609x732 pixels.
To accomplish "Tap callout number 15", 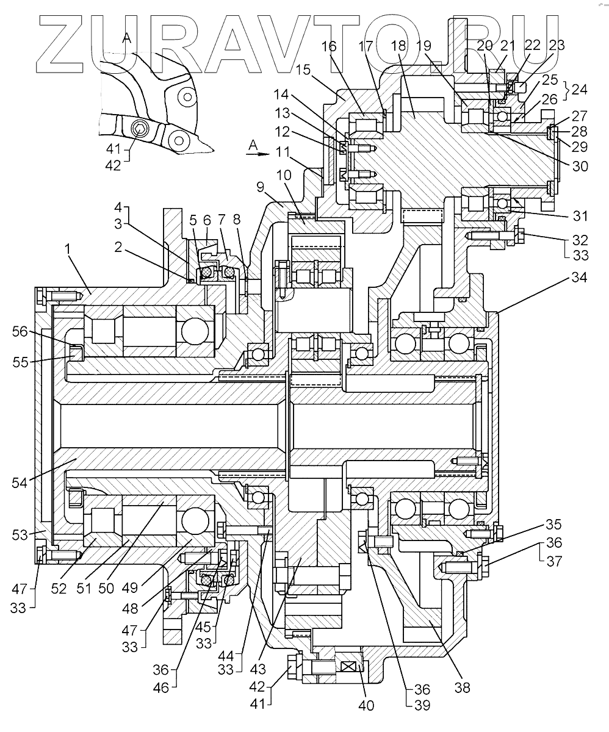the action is (303, 70).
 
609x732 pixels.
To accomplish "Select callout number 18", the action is (398, 46).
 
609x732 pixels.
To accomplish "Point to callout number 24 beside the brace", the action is (579, 90).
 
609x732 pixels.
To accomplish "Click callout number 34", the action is (579, 278).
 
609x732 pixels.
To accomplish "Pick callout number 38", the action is (462, 688).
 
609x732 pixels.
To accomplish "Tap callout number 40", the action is (366, 705).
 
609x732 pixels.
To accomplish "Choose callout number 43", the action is (258, 669).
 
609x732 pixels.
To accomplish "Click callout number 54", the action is (20, 483).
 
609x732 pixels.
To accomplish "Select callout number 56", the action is (20, 331).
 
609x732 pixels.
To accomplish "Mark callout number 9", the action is (260, 187).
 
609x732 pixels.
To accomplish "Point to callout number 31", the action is (580, 216).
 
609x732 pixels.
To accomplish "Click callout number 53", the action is (20, 535).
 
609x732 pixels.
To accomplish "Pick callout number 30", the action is (580, 166).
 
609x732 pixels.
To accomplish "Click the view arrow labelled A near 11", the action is (258, 154).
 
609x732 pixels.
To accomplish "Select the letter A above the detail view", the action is (127, 38).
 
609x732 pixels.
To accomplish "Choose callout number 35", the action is (553, 525).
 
